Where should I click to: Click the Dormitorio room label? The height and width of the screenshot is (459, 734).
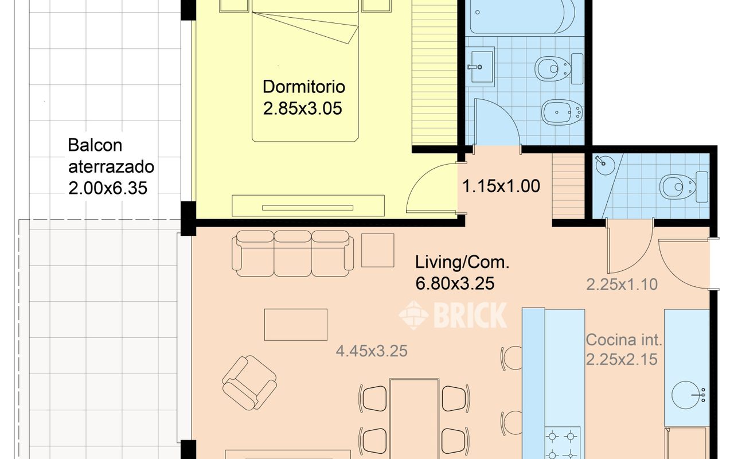304,87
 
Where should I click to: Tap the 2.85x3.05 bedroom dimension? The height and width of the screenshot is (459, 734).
302,108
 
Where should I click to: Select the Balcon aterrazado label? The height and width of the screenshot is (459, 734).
111,156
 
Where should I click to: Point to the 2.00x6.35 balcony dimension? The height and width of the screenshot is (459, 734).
108,188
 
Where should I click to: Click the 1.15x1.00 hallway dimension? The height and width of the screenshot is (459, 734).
501,186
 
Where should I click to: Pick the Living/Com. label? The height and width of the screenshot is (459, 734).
462,262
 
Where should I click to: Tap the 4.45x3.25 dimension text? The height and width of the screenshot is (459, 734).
372,351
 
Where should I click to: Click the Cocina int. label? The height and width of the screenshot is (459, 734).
624,340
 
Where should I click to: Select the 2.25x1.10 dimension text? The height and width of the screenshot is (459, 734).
622,285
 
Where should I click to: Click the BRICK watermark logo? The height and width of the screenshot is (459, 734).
452,315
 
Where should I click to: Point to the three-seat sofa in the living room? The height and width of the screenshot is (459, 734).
292,254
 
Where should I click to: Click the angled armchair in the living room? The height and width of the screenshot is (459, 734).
249,383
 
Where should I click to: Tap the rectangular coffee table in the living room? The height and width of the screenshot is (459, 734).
295,325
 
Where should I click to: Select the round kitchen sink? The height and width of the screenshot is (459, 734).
685,395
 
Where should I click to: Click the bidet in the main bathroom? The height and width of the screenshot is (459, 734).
561,112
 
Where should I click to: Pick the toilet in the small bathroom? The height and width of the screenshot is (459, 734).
684,187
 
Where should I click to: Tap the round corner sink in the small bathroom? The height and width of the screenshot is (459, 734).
605,165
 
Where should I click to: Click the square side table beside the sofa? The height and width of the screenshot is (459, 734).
377,251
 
